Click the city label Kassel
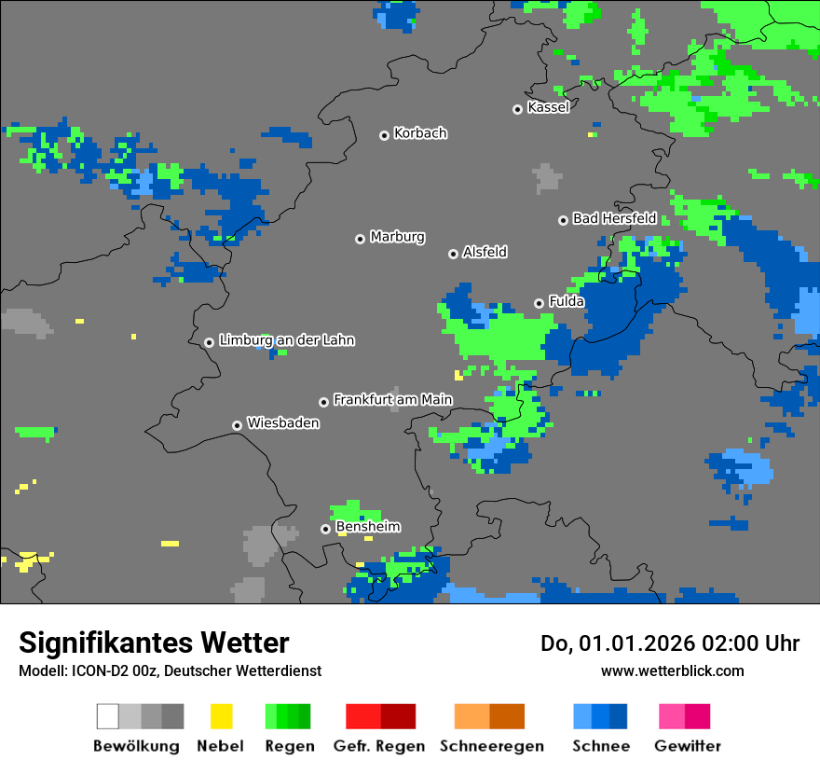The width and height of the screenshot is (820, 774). click(548, 107)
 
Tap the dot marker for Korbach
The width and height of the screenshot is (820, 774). click(384, 135)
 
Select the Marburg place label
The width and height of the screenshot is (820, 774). click(397, 237)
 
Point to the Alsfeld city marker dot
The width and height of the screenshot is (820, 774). click(454, 254)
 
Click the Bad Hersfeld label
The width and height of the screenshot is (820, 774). click(614, 218)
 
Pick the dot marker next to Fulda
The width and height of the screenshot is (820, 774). click(539, 303)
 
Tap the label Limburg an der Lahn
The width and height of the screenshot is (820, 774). click(286, 340)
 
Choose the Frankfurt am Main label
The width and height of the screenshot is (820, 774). click(392, 400)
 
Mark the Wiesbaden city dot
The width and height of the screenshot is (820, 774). click(238, 425)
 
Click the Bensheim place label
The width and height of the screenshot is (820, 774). click(368, 527)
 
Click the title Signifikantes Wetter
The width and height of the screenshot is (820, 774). click(154, 643)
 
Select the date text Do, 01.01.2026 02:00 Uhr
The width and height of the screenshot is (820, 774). click(670, 643)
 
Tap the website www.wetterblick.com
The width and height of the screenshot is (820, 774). click(672, 670)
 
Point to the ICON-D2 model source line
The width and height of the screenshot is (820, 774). click(170, 670)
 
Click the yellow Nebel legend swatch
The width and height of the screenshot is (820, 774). click(221, 716)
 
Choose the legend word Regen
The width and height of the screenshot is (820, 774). click(288, 746)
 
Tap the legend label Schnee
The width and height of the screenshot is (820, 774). click(600, 746)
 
